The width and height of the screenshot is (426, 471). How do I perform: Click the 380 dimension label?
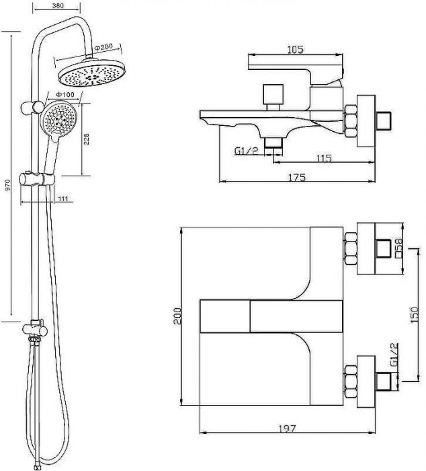[x=58, y=5]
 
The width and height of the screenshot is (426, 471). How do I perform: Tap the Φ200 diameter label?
[x=103, y=47]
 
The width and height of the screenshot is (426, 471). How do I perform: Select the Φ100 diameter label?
[x=65, y=94]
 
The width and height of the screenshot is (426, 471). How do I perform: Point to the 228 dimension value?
[x=87, y=139]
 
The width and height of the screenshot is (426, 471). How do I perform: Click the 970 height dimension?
[x=8, y=185]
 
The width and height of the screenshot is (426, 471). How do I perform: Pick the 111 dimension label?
[x=62, y=198]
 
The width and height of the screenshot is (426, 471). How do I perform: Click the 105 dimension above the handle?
[x=296, y=49]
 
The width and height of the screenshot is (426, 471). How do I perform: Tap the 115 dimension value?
[x=324, y=158]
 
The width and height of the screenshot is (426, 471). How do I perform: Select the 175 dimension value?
[x=297, y=177]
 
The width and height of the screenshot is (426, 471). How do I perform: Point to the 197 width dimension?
[x=288, y=429]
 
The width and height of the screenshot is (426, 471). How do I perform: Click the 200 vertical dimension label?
[x=178, y=316]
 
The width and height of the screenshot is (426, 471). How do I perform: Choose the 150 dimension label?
[x=414, y=314]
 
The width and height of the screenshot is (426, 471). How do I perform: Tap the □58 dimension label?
[x=398, y=248]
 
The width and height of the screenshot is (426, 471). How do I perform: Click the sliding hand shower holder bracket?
[x=37, y=180]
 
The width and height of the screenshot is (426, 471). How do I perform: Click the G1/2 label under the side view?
[x=246, y=151]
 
